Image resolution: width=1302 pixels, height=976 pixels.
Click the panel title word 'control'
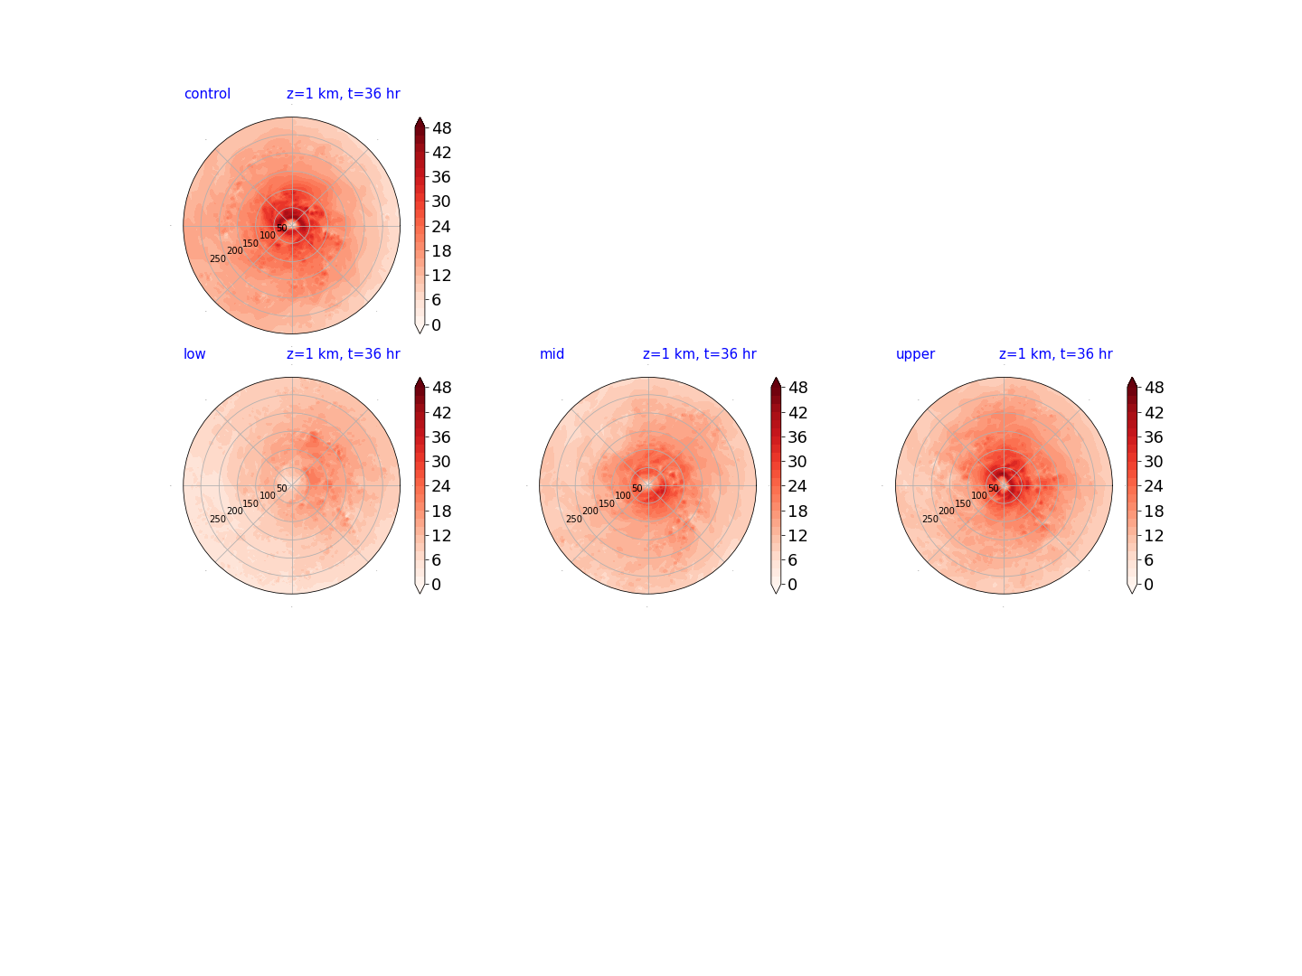(x=207, y=94)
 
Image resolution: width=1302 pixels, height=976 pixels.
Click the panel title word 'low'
(x=194, y=353)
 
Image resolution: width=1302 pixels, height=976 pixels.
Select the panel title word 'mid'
(x=552, y=353)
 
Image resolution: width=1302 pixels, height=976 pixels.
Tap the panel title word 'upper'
(x=915, y=354)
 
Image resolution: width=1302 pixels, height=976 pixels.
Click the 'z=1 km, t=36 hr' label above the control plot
(x=343, y=94)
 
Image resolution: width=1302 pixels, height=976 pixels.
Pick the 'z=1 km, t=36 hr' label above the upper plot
(x=1055, y=353)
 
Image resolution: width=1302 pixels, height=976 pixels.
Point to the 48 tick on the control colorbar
(x=442, y=128)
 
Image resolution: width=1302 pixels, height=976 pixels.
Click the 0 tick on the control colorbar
(x=436, y=324)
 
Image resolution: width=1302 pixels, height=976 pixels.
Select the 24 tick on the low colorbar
(x=441, y=486)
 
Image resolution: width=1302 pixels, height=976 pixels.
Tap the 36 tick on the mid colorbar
(x=797, y=437)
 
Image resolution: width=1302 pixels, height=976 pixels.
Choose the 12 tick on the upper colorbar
(x=1153, y=536)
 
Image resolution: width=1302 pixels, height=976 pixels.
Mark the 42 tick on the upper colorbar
(x=1154, y=412)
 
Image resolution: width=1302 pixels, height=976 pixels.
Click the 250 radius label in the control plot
(x=218, y=259)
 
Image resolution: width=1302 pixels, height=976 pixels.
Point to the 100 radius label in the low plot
(x=268, y=495)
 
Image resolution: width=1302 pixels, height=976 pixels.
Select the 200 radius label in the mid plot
(x=590, y=511)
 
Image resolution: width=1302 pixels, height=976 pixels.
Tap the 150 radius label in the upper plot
(x=963, y=503)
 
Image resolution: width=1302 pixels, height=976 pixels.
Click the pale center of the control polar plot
(x=292, y=225)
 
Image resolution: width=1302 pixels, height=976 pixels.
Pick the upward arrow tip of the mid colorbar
(x=776, y=378)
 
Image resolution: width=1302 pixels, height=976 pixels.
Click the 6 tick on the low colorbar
(x=436, y=560)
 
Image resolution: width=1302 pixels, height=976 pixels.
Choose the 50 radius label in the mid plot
(x=637, y=488)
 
